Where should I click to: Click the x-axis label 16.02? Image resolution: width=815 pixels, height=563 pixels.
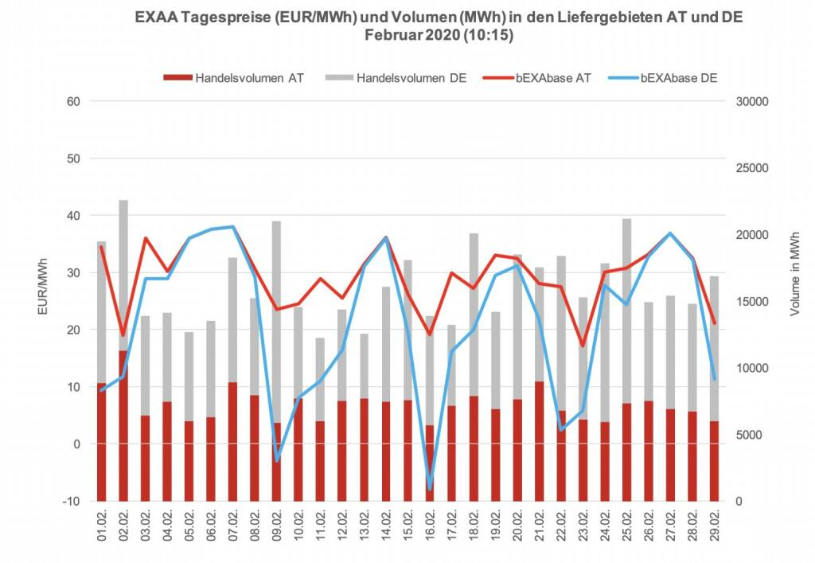click(x=431, y=526)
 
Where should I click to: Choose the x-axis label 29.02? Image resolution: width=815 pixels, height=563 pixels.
click(x=715, y=526)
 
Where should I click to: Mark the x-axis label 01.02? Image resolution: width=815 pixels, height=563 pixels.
click(x=103, y=526)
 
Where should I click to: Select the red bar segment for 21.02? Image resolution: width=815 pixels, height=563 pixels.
click(x=539, y=441)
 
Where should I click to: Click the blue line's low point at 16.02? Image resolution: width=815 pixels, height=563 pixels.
click(x=430, y=488)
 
